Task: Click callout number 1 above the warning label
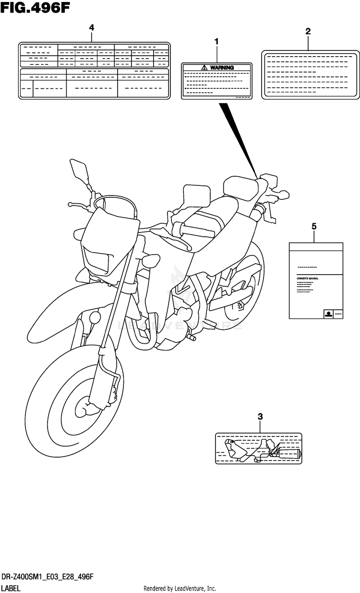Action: tap(216, 42)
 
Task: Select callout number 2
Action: tap(308, 31)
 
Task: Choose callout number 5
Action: tap(314, 225)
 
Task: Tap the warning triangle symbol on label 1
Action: tap(204, 68)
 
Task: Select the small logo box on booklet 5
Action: tap(328, 314)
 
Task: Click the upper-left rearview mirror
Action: tap(78, 169)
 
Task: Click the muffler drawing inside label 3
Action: tap(289, 453)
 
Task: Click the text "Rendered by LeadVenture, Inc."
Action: tap(180, 588)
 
